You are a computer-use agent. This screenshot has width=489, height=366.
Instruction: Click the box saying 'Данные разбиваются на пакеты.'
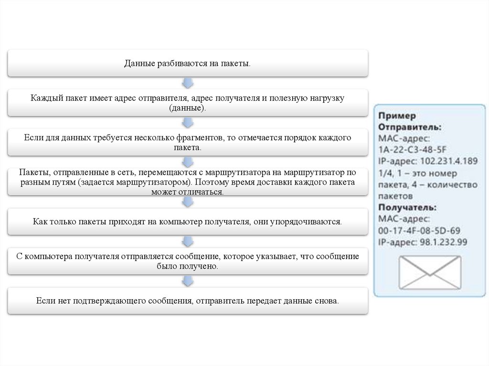click(x=188, y=63)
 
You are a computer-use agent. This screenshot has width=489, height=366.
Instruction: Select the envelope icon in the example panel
click(x=430, y=272)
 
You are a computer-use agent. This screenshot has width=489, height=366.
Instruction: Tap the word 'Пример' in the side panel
click(x=397, y=116)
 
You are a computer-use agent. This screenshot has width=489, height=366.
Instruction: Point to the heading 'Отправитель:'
click(x=409, y=127)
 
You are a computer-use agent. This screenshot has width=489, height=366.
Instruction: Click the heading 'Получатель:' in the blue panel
click(x=407, y=208)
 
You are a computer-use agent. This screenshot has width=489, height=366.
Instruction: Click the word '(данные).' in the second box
click(x=188, y=108)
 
